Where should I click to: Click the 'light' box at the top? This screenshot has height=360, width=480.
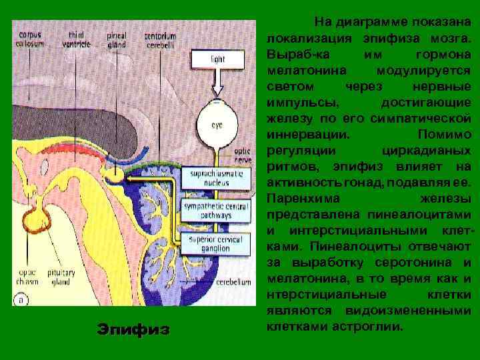pos(218,59)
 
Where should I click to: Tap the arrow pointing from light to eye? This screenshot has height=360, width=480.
pos(218,83)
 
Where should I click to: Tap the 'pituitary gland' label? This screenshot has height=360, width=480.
pos(61,277)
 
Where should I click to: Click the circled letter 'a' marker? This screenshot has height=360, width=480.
pos(22,299)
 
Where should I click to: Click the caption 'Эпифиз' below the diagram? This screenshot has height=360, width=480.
pos(133,329)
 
